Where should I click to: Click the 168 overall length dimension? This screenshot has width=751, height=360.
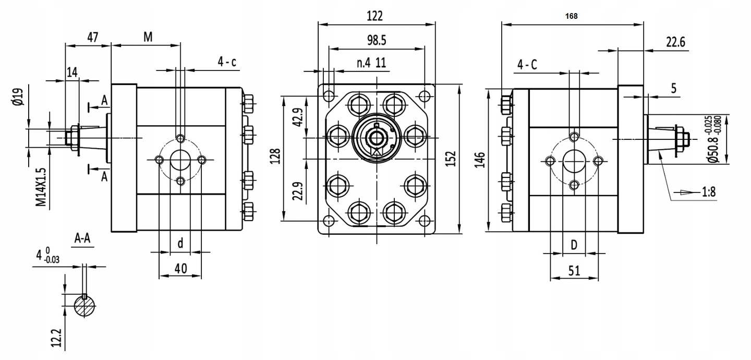571,16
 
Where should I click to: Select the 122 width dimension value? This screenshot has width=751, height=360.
374,16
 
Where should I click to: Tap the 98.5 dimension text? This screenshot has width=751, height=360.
376,40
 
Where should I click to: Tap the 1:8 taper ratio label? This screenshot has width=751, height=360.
708,193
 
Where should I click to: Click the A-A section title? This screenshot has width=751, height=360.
82,238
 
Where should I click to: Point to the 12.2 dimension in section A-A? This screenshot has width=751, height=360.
57,338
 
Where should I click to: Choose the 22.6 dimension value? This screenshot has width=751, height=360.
675,42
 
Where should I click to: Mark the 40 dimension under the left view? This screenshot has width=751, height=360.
180,269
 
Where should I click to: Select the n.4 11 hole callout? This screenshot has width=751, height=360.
371,63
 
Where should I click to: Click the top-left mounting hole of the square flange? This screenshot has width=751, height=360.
329,95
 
